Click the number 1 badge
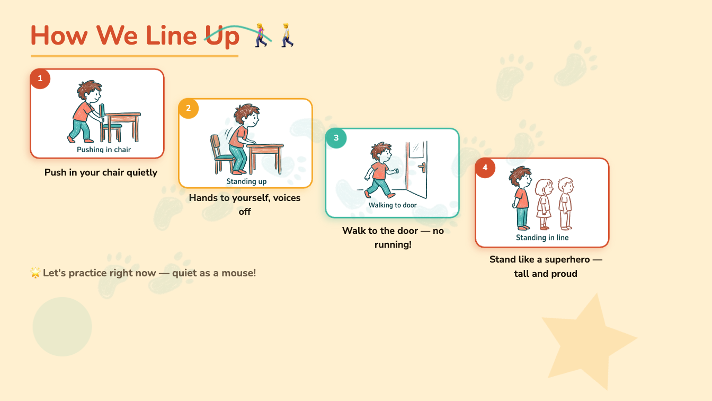tap(40, 79)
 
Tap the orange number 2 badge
tap(189, 108)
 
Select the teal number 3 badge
tap(336, 138)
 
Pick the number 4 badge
tap(485, 168)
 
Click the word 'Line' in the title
tap(172, 36)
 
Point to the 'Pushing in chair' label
tap(104, 150)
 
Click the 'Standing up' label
tap(246, 181)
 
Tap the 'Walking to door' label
tap(393, 205)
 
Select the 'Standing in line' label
tap(542, 238)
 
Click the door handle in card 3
tap(422, 167)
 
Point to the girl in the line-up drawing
tap(544, 204)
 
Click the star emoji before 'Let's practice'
tap(35, 273)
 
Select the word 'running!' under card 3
tap(393, 245)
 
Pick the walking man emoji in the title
tap(287, 35)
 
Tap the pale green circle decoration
tap(63, 327)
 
